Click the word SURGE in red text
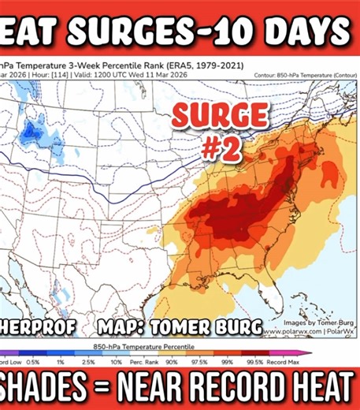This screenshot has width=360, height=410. click(x=207, y=117)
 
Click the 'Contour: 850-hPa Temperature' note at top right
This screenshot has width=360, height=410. click(x=302, y=75)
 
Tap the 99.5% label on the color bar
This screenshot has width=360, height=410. click(x=278, y=361)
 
